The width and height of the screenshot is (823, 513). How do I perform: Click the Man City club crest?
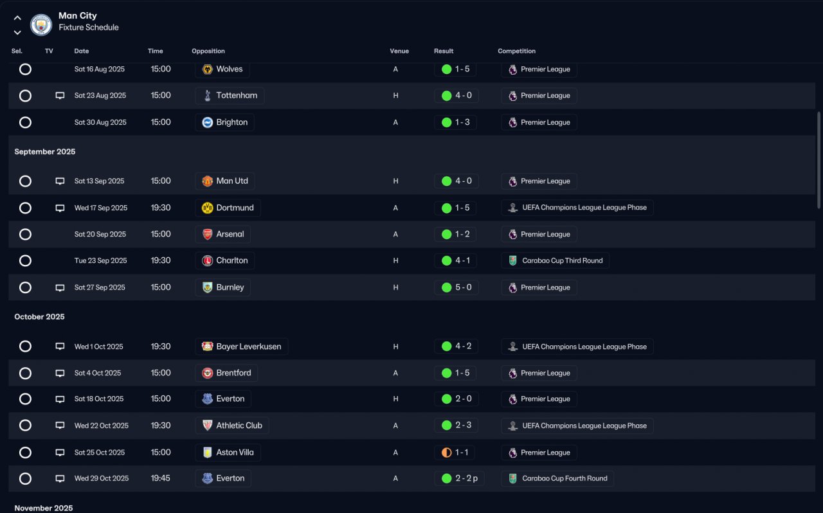pyautogui.click(x=41, y=25)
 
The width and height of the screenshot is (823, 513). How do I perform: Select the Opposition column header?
pyautogui.click(x=208, y=51)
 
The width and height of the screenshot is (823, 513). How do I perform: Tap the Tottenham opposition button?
pyautogui.click(x=230, y=96)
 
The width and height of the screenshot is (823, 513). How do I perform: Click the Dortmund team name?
pyautogui.click(x=235, y=208)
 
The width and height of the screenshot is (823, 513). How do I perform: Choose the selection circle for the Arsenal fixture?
pyautogui.click(x=25, y=235)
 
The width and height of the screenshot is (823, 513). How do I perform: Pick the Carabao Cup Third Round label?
pyautogui.click(x=556, y=261)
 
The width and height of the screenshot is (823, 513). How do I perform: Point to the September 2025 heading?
pyautogui.click(x=45, y=152)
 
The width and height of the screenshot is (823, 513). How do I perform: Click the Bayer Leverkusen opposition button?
pyautogui.click(x=242, y=346)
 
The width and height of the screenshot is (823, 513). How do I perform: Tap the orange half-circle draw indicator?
pyautogui.click(x=446, y=453)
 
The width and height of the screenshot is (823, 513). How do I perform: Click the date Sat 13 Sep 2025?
pyautogui.click(x=99, y=181)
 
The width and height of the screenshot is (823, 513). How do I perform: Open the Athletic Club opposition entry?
pyautogui.click(x=232, y=426)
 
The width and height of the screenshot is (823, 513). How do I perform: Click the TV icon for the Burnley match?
pyautogui.click(x=60, y=287)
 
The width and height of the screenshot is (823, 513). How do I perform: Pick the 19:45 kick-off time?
pyautogui.click(x=161, y=478)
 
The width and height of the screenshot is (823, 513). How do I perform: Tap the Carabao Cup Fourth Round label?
pyautogui.click(x=557, y=478)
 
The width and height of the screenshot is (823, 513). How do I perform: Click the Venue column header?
pyautogui.click(x=399, y=51)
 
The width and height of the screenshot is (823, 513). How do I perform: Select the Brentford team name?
pyautogui.click(x=233, y=373)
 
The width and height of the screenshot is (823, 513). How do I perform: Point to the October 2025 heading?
pyautogui.click(x=40, y=317)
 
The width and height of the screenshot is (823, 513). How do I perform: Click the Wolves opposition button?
pyautogui.click(x=222, y=69)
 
